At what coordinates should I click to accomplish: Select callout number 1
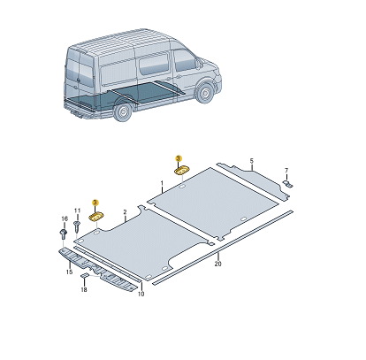pyautogui.click(x=163, y=184)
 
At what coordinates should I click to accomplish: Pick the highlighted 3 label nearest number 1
pyautogui.click(x=177, y=157)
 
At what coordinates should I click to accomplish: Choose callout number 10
pyautogui.click(x=141, y=294)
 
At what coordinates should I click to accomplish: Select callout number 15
pyautogui.click(x=69, y=272)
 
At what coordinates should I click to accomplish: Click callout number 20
pyautogui.click(x=217, y=262)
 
